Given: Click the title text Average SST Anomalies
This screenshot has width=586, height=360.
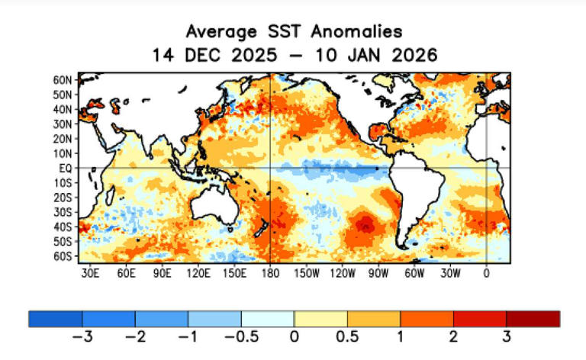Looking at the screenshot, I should pyautogui.click(x=294, y=31).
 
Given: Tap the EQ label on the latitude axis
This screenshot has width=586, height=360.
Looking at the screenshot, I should pyautogui.click(x=66, y=168).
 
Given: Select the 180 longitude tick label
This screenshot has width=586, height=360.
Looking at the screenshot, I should pyautogui.click(x=270, y=272).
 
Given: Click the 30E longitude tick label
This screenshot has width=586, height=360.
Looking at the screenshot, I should pyautogui.click(x=90, y=272).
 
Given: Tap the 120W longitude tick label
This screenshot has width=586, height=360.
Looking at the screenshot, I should pyautogui.click(x=342, y=272).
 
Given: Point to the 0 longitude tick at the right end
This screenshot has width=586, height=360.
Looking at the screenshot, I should pyautogui.click(x=486, y=272).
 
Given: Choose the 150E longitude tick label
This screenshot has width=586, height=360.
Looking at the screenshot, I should pyautogui.click(x=234, y=272).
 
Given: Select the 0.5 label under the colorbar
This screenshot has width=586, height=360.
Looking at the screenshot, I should pyautogui.click(x=347, y=336).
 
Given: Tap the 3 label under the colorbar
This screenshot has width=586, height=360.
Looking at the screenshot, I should pyautogui.click(x=506, y=336).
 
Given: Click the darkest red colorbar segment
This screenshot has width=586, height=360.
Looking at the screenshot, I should pyautogui.click(x=533, y=319).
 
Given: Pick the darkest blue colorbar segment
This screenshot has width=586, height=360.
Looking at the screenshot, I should pyautogui.click(x=55, y=319).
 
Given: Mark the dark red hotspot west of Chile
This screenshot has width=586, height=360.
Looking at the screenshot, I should pyautogui.click(x=366, y=224).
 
